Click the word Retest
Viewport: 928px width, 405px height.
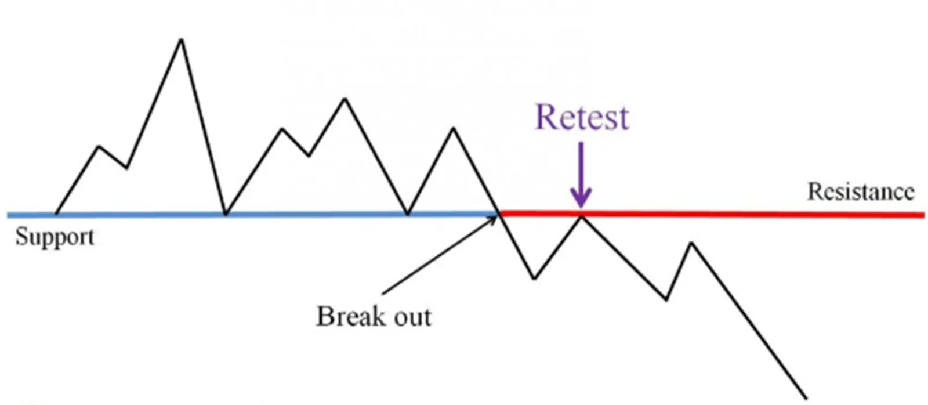click(x=582, y=117)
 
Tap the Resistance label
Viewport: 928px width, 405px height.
click(x=861, y=192)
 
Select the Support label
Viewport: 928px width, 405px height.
click(x=55, y=237)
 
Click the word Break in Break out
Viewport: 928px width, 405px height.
click(x=350, y=316)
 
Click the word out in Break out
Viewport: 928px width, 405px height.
click(x=412, y=317)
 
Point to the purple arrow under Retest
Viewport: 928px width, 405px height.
click(x=581, y=175)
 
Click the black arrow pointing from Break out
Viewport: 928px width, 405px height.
click(x=439, y=255)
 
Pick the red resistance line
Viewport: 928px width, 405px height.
click(x=712, y=215)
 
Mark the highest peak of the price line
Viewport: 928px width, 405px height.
click(x=181, y=40)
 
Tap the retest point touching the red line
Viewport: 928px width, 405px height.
click(x=581, y=216)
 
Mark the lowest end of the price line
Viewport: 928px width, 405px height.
click(x=806, y=399)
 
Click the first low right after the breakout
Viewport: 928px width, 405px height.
click(x=534, y=279)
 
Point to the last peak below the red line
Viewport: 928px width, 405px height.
click(x=691, y=243)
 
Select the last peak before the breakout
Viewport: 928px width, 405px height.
click(x=454, y=128)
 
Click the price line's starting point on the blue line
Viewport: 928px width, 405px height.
click(x=56, y=214)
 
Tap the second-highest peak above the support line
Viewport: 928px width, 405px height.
click(x=345, y=99)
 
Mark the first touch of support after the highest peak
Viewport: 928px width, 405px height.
click(x=226, y=214)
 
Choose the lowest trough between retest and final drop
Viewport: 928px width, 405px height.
click(x=666, y=299)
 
